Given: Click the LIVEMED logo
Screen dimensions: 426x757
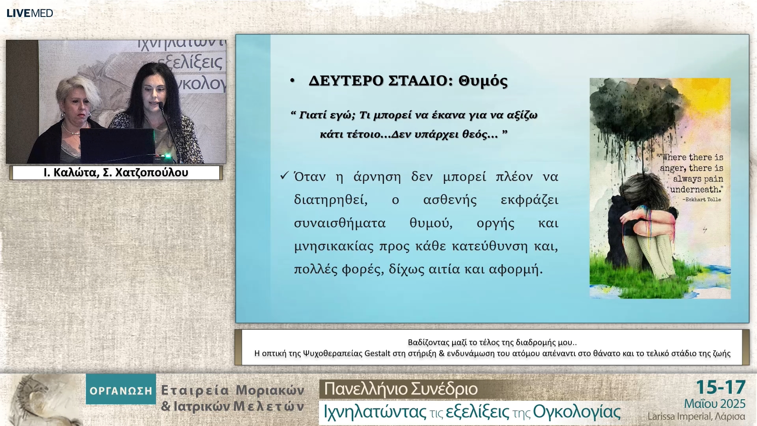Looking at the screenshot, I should pos(30,13).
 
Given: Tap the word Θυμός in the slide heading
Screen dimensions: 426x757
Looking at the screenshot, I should pos(483,81).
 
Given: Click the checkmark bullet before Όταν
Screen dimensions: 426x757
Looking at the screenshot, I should pos(284,176).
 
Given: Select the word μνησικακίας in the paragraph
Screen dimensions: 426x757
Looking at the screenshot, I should pos(334,247).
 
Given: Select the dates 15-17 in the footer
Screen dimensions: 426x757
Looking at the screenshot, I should pos(721,387).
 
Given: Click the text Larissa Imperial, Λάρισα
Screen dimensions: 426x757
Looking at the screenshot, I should pos(696,417).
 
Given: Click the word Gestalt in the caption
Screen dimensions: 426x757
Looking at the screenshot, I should pos(377,353).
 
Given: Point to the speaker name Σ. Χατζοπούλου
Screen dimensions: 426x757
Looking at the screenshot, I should pos(145,173).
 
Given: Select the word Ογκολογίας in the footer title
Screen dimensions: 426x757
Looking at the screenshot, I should pos(576,412).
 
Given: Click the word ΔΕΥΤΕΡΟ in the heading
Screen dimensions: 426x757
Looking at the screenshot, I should pos(346,81).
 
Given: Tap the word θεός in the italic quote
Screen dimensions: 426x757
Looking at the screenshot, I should pos(475,135).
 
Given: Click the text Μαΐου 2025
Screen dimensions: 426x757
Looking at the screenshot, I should pos(714,404).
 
